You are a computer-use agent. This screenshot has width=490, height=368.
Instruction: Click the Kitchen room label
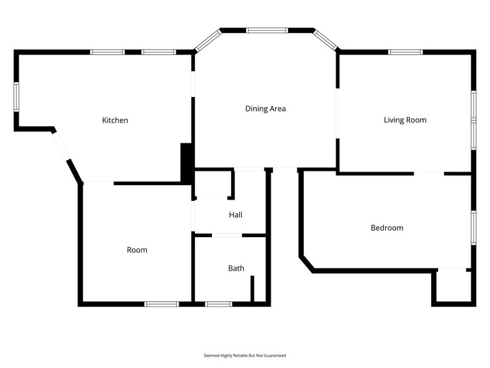click(115, 120)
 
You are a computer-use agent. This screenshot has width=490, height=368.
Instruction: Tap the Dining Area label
click(265, 109)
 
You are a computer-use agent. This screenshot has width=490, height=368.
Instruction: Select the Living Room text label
click(405, 120)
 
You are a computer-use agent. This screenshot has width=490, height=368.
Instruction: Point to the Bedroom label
click(387, 228)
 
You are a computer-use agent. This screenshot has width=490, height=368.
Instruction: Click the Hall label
click(236, 215)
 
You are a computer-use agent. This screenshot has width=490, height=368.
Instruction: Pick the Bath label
click(236, 268)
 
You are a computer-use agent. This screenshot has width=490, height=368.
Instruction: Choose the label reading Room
click(137, 250)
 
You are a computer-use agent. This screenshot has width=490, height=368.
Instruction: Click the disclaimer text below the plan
click(245, 355)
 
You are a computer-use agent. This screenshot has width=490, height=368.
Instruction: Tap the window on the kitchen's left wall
click(17, 98)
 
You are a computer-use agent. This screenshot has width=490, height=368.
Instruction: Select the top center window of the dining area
click(267, 30)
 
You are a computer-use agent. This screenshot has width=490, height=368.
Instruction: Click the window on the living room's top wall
click(406, 52)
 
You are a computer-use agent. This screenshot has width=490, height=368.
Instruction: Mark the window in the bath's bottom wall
click(218, 304)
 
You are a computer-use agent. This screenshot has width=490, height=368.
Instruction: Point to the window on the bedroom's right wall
click(473, 227)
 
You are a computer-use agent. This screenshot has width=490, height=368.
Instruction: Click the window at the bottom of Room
click(161, 304)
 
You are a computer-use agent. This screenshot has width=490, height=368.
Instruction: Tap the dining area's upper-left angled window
click(206, 41)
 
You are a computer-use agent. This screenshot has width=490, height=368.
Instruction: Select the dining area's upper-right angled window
click(326, 40)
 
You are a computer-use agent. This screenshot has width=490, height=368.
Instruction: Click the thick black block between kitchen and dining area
click(186, 163)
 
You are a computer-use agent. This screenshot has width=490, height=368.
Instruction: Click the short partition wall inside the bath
click(252, 289)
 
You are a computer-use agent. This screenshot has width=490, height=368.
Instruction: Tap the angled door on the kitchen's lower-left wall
click(61, 146)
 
